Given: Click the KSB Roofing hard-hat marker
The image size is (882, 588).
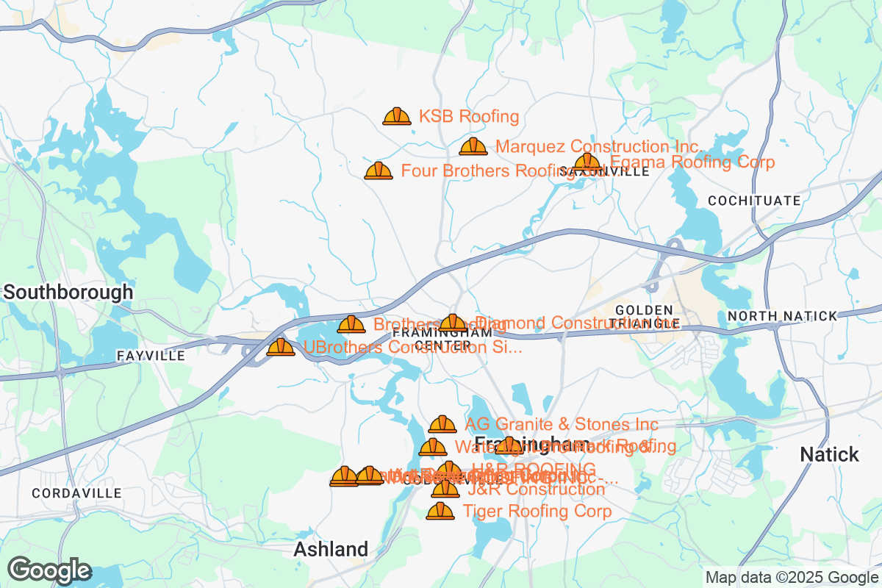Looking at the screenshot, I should tap(397, 116).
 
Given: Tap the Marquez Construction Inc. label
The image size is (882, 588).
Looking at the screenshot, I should tap(599, 146).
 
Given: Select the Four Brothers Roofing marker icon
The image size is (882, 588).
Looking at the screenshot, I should tap(379, 171).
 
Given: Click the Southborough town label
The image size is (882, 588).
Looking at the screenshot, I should tap(68, 292).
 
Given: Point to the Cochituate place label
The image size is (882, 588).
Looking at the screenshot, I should tap(754, 200).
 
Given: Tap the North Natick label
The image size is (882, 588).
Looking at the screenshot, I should tap(782, 316).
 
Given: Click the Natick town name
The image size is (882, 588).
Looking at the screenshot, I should tap(829, 454).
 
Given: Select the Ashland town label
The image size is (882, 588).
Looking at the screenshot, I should tap(331, 549).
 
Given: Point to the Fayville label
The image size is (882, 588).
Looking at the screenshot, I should tap(151, 356).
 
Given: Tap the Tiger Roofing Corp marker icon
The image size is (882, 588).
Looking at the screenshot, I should tap(440, 511).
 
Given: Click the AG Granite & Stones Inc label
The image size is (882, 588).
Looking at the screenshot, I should tap(562, 424).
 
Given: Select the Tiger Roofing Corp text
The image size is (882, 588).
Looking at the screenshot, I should tap(537, 511).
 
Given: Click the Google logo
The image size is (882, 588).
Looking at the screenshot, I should tap(49, 570).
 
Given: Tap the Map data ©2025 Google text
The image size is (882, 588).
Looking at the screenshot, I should tap(792, 577).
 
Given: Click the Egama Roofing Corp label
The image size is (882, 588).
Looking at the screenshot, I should tap(692, 162).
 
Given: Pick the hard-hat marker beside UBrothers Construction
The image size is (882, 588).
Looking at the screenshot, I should tap(281, 347).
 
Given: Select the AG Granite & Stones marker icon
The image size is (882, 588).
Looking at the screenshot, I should tap(442, 424).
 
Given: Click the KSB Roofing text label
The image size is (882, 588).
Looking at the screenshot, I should tap(469, 116).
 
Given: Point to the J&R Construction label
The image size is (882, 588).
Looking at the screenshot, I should tap(537, 490).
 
